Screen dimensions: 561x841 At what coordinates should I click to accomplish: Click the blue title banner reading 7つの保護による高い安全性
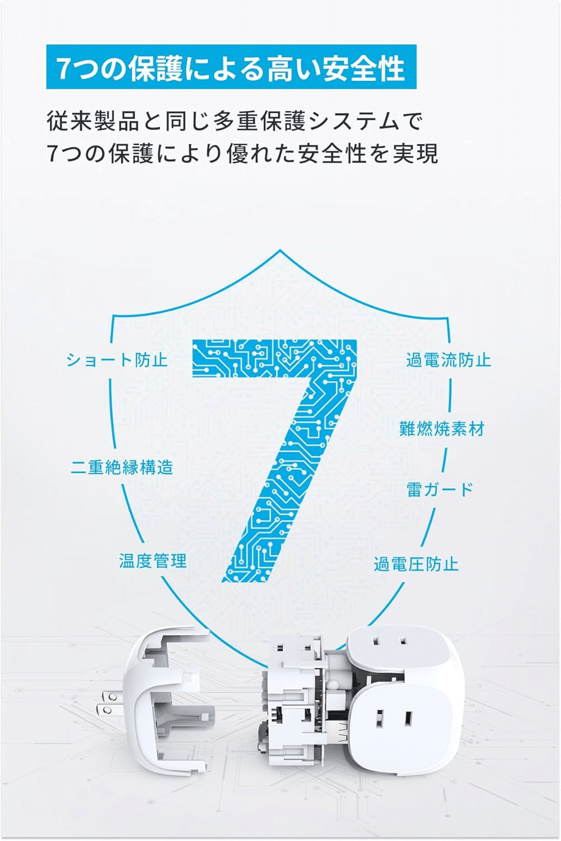pyautogui.click(x=231, y=67)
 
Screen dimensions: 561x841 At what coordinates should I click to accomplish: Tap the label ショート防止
pyautogui.click(x=116, y=360)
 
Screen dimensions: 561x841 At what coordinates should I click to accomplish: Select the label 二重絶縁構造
pyautogui.click(x=122, y=468)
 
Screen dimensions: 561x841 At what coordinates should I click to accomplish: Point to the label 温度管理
pyautogui.click(x=153, y=561)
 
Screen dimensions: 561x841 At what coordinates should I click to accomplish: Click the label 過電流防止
pyautogui.click(x=448, y=360)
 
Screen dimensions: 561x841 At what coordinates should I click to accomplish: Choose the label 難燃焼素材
pyautogui.click(x=441, y=429)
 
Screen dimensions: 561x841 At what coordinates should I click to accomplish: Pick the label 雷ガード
pyautogui.click(x=440, y=489)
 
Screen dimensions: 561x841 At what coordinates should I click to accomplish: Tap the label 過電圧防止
pyautogui.click(x=416, y=564)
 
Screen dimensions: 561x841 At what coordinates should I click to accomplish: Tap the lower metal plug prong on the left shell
pyautogui.click(x=106, y=710)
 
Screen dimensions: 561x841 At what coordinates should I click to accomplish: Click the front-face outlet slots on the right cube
pyautogui.click(x=395, y=719)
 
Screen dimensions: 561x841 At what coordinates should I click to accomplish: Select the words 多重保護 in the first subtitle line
pyautogui.click(x=259, y=122)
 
